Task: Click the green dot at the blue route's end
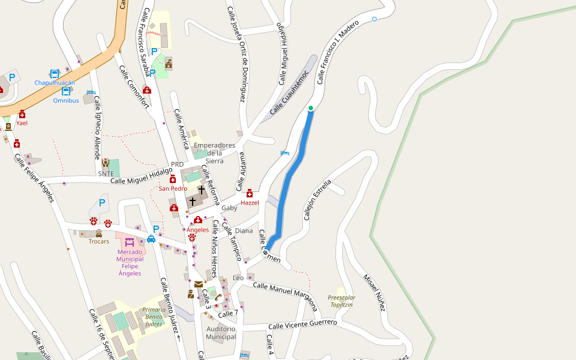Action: click(x=311, y=108)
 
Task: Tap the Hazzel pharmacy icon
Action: click(x=250, y=193)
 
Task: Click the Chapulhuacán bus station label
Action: click(x=55, y=83)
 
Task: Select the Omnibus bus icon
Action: click(x=65, y=91)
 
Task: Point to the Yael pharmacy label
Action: click(x=22, y=123)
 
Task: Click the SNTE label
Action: click(x=106, y=173)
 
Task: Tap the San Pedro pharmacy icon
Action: click(x=173, y=179)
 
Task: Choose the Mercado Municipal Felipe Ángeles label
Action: click(x=130, y=262)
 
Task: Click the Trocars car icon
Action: click(x=99, y=233)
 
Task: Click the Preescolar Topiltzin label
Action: click(x=341, y=301)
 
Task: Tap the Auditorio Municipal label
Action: click(x=221, y=333)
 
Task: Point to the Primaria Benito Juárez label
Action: click(x=154, y=317)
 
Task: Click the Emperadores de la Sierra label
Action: click(x=214, y=153)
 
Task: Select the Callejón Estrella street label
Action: click(x=317, y=200)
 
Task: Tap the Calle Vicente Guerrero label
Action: click(x=302, y=325)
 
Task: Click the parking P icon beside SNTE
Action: click(x=101, y=203)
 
